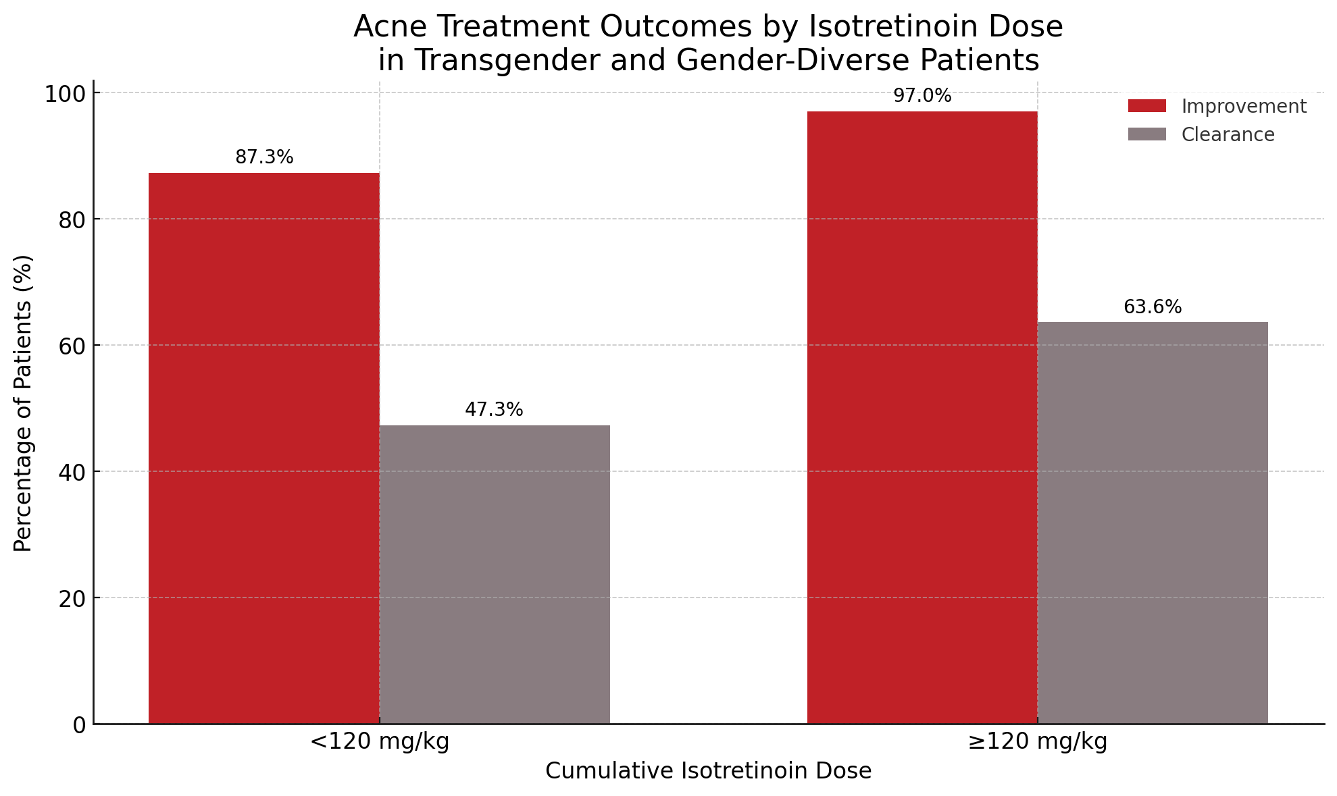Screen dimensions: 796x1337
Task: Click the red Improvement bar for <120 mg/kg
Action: [x=263, y=448]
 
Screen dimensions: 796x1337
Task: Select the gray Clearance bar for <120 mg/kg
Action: [x=495, y=575]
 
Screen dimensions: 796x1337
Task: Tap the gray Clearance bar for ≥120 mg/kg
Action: [x=1153, y=523]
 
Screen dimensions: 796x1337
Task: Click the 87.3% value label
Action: [x=264, y=157]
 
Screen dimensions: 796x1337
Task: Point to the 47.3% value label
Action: [x=494, y=410]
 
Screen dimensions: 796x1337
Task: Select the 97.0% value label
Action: [x=922, y=96]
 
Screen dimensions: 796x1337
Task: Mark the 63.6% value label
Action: [x=1153, y=307]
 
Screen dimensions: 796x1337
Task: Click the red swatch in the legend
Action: [x=1146, y=106]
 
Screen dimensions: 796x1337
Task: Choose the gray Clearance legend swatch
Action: [x=1146, y=134]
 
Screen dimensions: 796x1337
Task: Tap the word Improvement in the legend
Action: [x=1244, y=107]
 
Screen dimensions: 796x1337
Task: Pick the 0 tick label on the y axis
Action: [x=79, y=725]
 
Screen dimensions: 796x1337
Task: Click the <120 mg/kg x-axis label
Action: [x=379, y=742]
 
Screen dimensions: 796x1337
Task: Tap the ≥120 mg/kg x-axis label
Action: [x=1037, y=742]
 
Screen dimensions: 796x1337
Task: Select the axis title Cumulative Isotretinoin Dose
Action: [x=708, y=771]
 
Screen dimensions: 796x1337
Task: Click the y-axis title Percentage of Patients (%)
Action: [x=23, y=402]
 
